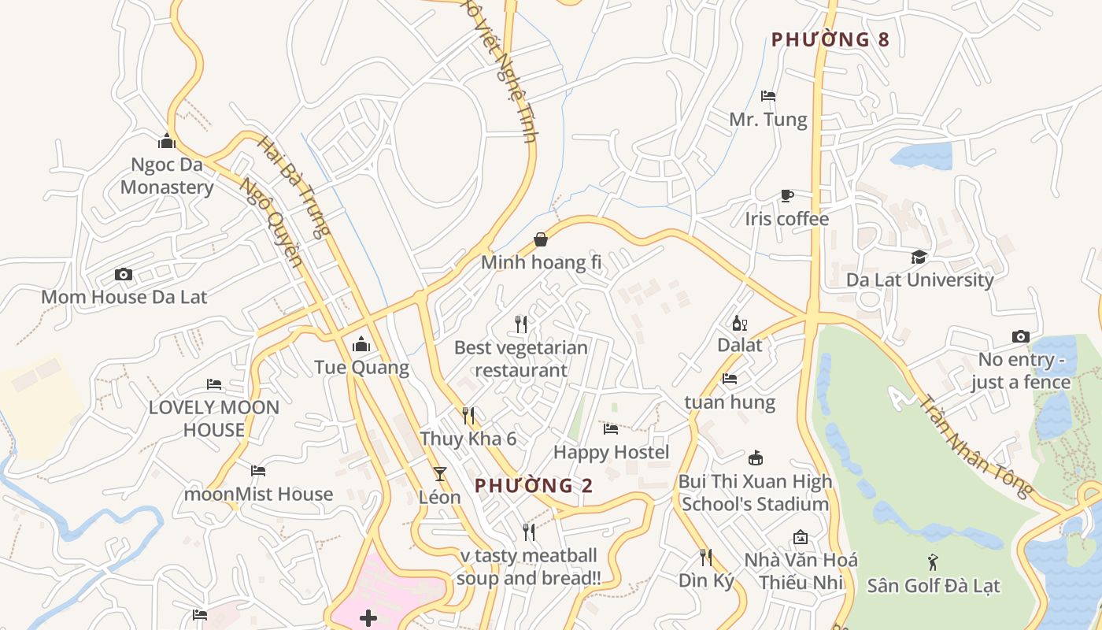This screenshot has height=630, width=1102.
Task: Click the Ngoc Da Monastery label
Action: point(167,176)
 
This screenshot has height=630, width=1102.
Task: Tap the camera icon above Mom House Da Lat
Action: point(124,274)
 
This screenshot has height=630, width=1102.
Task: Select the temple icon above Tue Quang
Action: point(361,344)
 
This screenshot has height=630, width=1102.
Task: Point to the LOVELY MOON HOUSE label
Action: point(214,418)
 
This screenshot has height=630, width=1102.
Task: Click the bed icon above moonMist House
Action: point(258,471)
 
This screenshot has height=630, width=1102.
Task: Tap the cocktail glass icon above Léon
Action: point(439,473)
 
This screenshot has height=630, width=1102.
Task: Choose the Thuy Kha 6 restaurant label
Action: point(468,439)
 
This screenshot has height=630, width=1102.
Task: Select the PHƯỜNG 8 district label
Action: point(830,39)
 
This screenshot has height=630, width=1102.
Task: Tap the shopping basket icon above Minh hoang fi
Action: point(541,239)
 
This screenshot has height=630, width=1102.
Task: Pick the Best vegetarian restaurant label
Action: point(521,358)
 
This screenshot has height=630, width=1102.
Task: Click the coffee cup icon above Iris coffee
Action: point(786,195)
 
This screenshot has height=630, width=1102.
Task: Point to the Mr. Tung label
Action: point(768,120)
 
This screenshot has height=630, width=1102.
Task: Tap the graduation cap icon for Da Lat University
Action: point(919,257)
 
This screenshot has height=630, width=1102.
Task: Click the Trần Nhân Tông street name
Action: point(976,445)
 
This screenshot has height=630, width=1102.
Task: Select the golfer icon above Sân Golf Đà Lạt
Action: point(933,562)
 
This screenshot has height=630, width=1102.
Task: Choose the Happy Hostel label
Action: point(612,452)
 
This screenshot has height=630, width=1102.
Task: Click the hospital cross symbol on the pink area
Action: point(368,617)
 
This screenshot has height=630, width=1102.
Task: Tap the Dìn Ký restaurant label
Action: point(706,580)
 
